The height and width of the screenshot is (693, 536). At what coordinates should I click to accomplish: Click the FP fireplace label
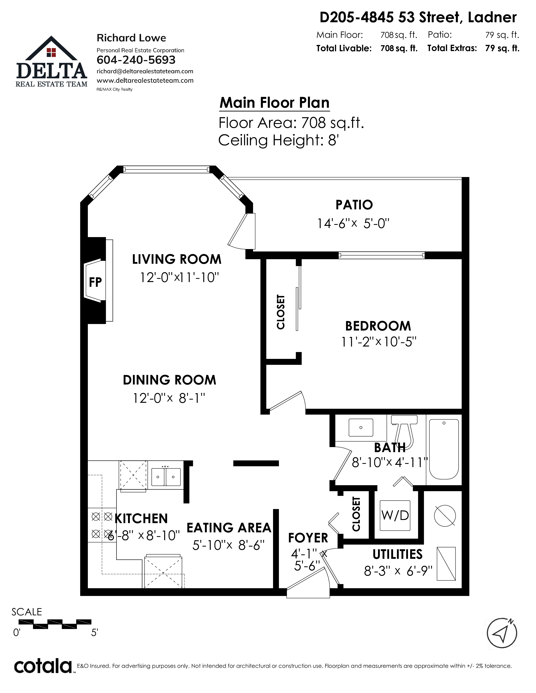coord(95,282)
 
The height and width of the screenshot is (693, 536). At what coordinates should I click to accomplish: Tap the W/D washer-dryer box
coord(395,515)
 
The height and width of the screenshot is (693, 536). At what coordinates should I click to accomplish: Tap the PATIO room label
coord(354,205)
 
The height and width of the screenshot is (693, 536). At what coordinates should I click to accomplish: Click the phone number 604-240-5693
coord(136,60)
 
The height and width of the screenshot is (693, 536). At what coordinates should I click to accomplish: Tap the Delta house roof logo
coord(51,48)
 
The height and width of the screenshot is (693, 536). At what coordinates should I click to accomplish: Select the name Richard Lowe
coord(131,38)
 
